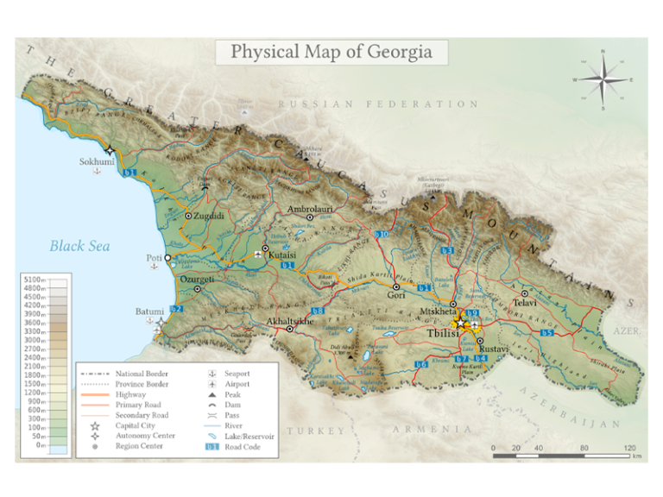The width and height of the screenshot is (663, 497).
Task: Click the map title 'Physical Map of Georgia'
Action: click(331, 52)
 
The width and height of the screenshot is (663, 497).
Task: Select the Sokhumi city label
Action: click(97, 161)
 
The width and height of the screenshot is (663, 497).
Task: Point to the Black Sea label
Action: click(79, 246)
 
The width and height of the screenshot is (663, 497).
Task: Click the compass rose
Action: click(603, 80)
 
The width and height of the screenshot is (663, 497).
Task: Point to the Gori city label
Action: click(396, 296)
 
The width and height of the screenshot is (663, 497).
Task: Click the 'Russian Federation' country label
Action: click(378, 104)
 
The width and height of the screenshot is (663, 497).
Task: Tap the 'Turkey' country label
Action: click(315, 430)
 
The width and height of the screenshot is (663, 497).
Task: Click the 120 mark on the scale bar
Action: click(629, 448)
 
